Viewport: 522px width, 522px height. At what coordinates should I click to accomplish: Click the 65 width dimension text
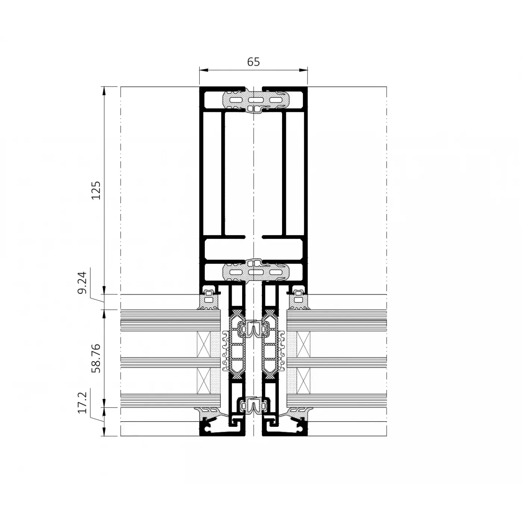pos(253,62)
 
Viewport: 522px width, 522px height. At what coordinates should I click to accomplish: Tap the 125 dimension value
pos(96,190)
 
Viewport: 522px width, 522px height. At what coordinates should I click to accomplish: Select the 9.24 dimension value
pos(82,282)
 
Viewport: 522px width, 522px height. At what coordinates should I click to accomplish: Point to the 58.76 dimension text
pos(96,359)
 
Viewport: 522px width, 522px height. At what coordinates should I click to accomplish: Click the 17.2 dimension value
pos(82,403)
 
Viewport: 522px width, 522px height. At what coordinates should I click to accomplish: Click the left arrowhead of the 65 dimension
pos(203,70)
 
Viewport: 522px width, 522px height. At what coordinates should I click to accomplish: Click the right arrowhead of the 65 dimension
pos(303,70)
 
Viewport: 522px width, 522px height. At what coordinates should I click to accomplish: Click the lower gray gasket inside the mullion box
pos(256,271)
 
